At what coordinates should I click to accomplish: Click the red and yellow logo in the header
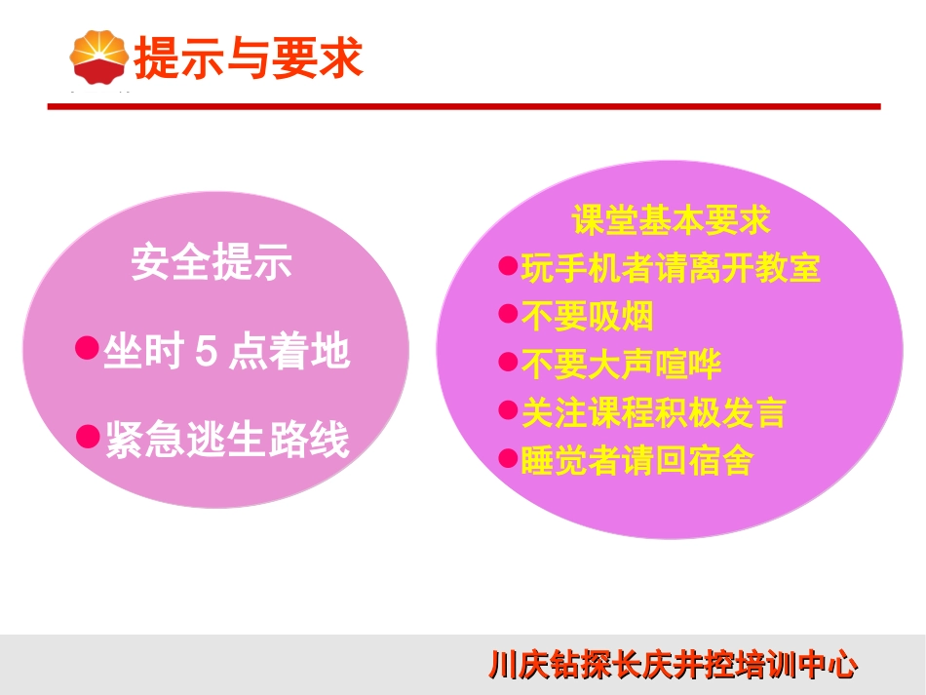(99, 57)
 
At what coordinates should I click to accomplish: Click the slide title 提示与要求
(248, 58)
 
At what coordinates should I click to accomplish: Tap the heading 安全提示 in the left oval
(212, 263)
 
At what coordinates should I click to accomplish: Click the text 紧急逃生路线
(226, 441)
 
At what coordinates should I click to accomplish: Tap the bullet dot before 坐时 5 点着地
(88, 347)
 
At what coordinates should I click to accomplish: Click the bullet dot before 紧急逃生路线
(88, 436)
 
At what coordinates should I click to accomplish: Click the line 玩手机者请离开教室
(671, 267)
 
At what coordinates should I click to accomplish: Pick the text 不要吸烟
(587, 316)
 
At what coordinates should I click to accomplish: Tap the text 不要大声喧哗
(621, 365)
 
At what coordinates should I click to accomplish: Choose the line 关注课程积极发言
(653, 412)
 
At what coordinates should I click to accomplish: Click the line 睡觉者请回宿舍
(637, 460)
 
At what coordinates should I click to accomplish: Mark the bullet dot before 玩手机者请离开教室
(507, 264)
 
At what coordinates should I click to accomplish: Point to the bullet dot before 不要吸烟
(507, 313)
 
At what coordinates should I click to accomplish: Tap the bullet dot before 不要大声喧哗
(507, 362)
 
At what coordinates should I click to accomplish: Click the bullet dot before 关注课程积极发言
(507, 409)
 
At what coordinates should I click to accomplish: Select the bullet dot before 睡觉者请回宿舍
(507, 457)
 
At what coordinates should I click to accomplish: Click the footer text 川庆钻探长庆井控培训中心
(674, 667)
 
